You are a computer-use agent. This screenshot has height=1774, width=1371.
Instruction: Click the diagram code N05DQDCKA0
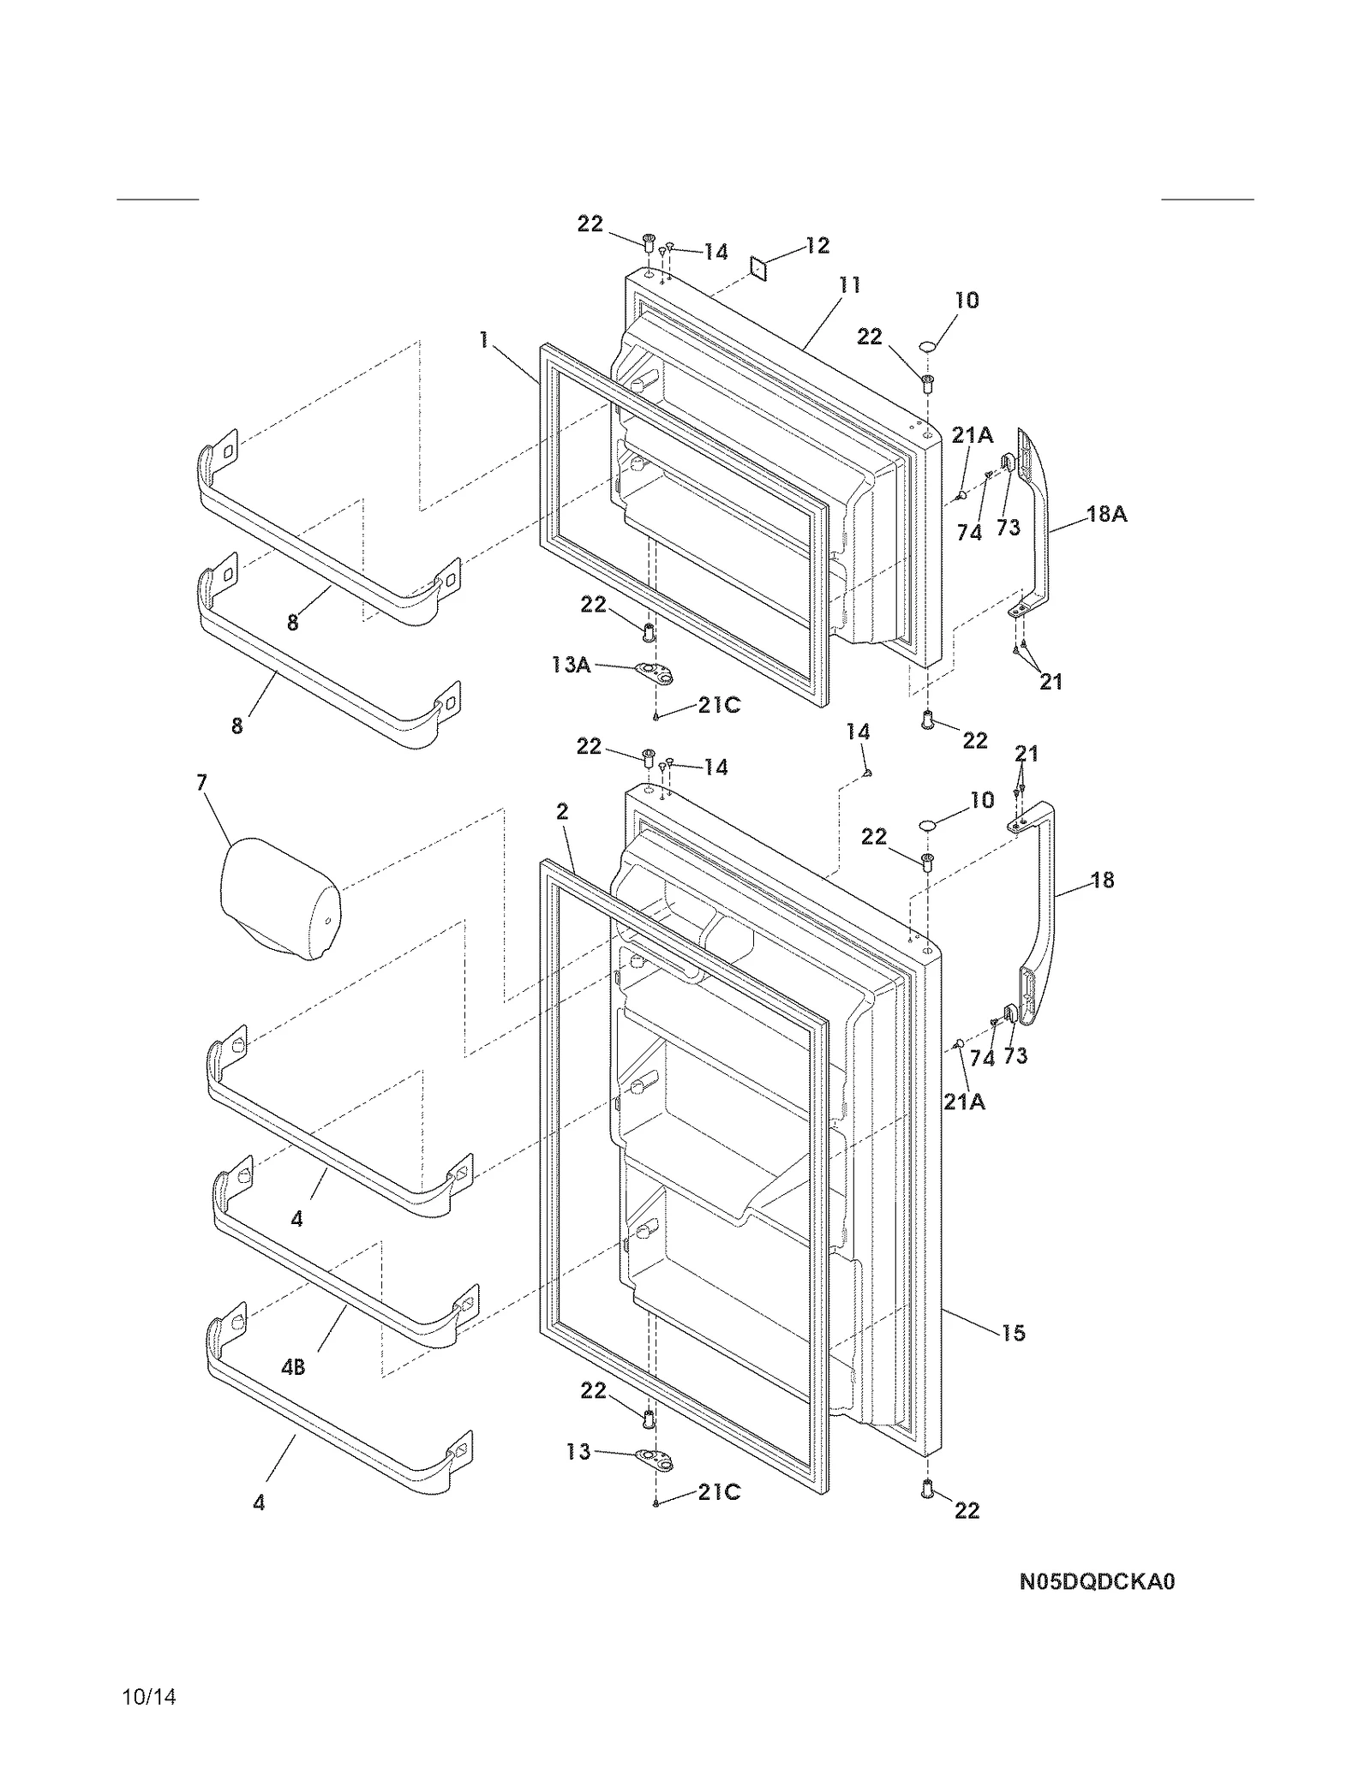[1096, 1581]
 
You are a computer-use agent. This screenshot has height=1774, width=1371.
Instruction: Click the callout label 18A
[1106, 514]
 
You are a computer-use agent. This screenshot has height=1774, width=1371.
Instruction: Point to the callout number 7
[201, 782]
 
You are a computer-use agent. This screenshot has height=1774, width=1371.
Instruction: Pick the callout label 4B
[293, 1368]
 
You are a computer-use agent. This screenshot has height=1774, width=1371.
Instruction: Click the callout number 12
[817, 246]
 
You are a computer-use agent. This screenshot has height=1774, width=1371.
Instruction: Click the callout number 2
[562, 810]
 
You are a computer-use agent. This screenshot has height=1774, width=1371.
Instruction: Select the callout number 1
[484, 341]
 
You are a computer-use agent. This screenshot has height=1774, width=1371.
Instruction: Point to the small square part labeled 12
[759, 268]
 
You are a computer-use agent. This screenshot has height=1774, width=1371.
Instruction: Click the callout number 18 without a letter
[1102, 880]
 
